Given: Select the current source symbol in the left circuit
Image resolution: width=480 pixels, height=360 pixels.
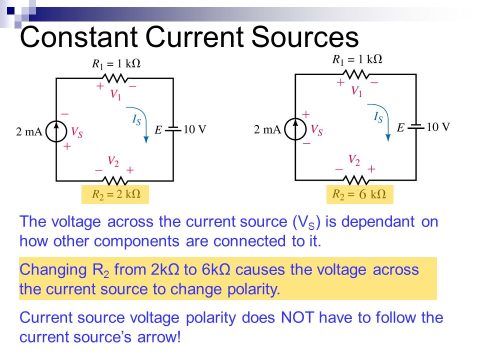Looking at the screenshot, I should pyautogui.click(x=56, y=131).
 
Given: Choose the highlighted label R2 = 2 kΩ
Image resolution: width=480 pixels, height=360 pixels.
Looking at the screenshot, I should pyautogui.click(x=115, y=194).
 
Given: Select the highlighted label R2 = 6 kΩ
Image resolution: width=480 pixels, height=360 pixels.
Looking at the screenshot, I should pyautogui.click(x=359, y=194).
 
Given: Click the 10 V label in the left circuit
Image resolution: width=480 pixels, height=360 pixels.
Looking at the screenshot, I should pyautogui.click(x=195, y=129).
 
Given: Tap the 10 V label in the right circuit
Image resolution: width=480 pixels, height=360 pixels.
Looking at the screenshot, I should pyautogui.click(x=438, y=127).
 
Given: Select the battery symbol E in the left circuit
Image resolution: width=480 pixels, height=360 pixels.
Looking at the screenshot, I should pyautogui.click(x=173, y=129).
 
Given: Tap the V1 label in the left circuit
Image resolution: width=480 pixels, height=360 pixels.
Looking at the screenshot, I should pyautogui.click(x=115, y=95).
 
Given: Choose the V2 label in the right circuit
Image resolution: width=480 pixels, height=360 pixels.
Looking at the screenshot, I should pyautogui.click(x=354, y=160).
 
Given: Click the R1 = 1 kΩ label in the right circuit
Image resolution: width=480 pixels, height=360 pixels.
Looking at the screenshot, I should pyautogui.click(x=357, y=59).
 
